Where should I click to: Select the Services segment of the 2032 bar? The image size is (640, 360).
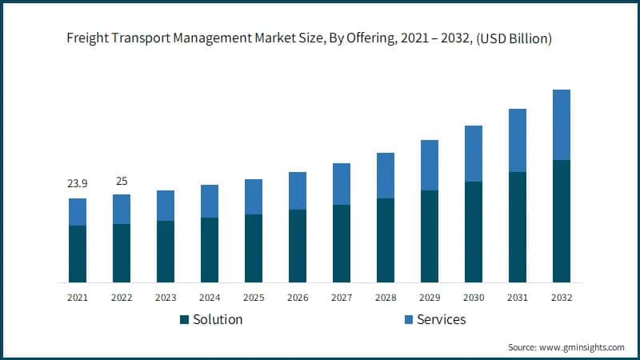[x=562, y=125]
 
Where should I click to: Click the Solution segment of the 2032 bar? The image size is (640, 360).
[x=562, y=221]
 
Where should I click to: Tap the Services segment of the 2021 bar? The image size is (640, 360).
[x=78, y=212]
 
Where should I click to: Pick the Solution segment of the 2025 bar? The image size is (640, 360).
[x=254, y=248]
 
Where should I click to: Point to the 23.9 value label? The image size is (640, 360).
[x=78, y=184]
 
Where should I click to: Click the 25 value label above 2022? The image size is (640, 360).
[x=122, y=181]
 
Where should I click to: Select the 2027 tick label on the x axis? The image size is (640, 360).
[x=342, y=297]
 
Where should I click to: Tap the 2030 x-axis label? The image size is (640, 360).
[x=474, y=297]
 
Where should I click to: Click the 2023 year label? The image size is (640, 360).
[x=166, y=297]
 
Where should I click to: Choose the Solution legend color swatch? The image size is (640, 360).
[x=185, y=320]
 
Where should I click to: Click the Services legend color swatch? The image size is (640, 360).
[x=407, y=320]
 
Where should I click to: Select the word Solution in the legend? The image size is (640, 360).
[x=217, y=320]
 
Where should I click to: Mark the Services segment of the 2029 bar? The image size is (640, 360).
[x=430, y=165]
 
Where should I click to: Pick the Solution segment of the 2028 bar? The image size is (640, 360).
[x=386, y=240]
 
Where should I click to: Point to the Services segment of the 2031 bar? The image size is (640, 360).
[x=518, y=140]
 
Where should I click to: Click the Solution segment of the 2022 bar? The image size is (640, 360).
[x=122, y=253]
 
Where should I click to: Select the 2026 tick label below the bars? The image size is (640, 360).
[x=298, y=297]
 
